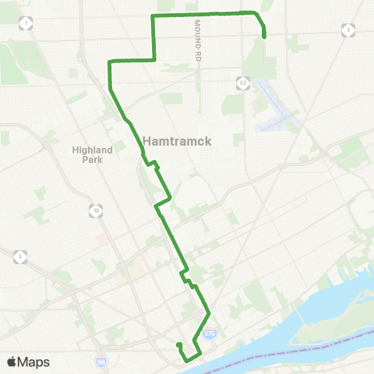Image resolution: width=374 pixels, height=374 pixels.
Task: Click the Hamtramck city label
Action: point(178,141)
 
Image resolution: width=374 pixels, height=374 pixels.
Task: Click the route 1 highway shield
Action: point(28,24)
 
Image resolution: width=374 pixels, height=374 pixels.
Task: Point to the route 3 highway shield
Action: point(348,30)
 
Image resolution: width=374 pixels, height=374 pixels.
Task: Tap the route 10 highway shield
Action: point(95,210)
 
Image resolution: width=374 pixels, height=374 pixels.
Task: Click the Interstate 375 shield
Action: point(210,333)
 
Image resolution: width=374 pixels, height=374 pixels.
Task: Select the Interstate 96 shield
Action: point(101,362)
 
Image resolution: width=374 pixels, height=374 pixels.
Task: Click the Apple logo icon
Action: point(12,362)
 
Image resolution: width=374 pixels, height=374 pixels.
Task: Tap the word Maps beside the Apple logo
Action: point(34,362)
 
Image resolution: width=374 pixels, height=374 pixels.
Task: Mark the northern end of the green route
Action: point(265,36)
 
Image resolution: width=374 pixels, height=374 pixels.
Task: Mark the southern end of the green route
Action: point(178,344)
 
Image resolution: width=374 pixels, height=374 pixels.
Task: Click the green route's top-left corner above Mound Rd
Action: point(153,16)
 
